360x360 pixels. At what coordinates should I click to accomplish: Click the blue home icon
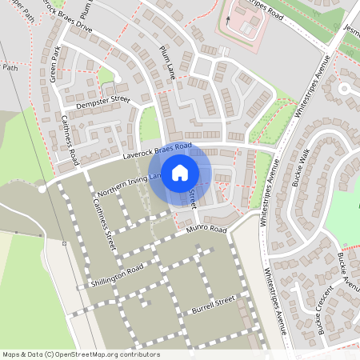click(x=180, y=173)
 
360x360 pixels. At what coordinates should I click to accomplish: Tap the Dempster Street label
click(x=102, y=102)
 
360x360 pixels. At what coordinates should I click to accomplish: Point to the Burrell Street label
click(x=210, y=304)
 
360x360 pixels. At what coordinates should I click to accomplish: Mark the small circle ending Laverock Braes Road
click(x=42, y=190)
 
